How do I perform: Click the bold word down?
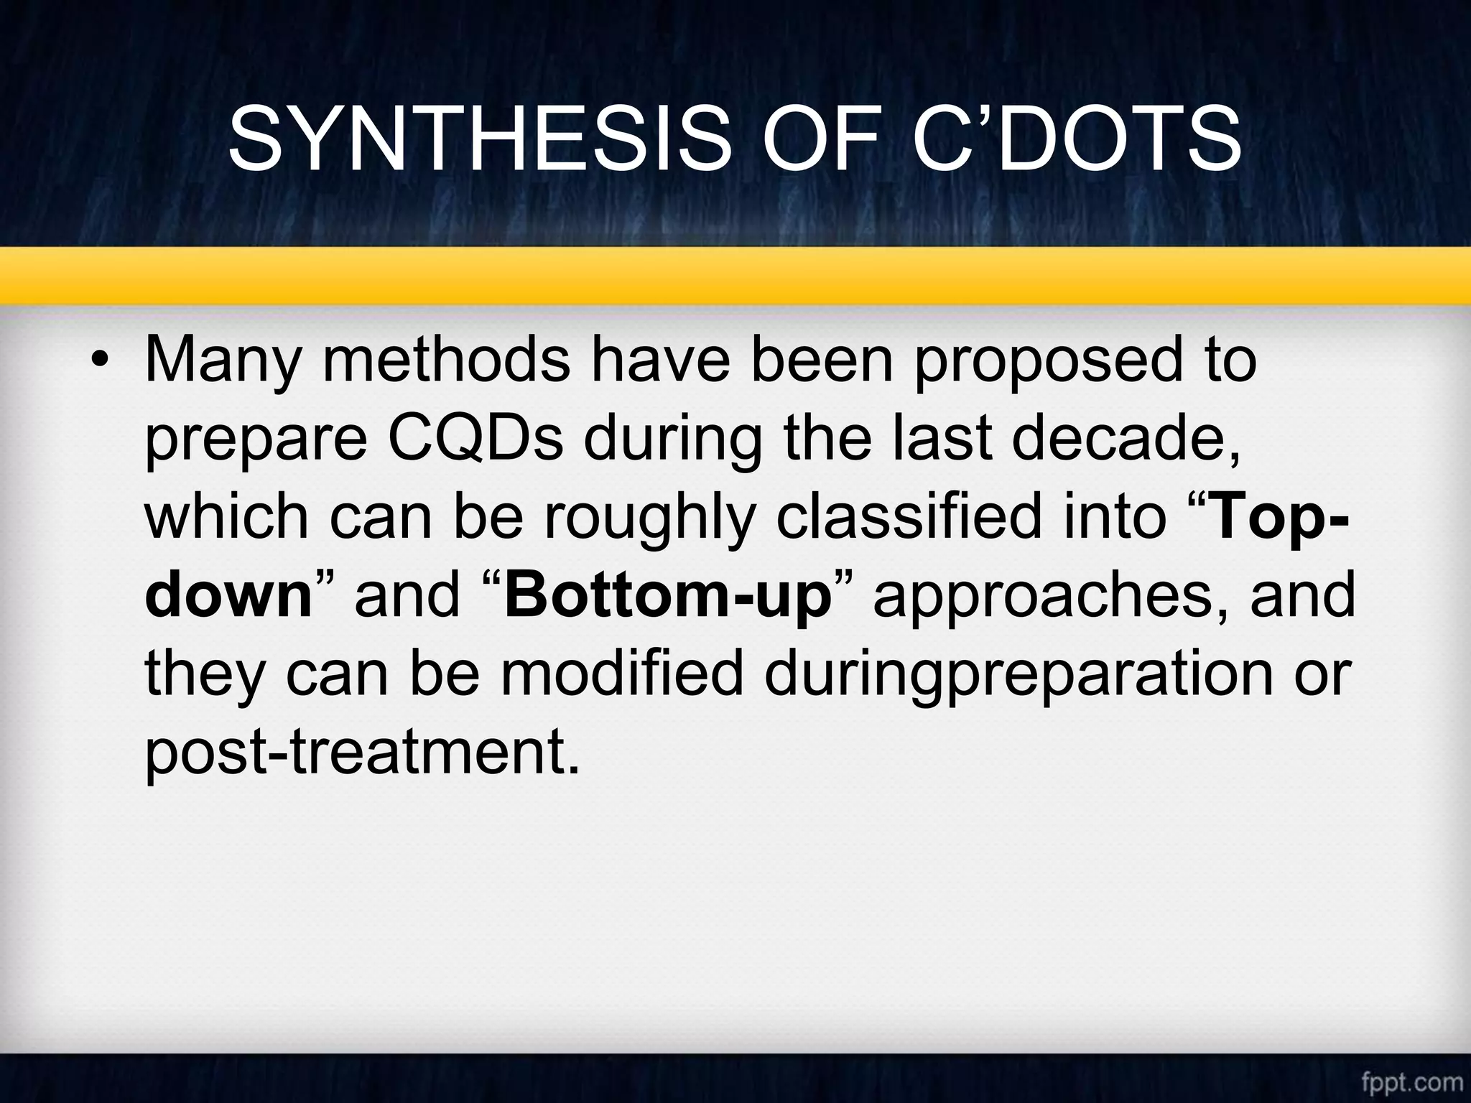point(228,595)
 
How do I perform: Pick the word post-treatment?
point(361,753)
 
